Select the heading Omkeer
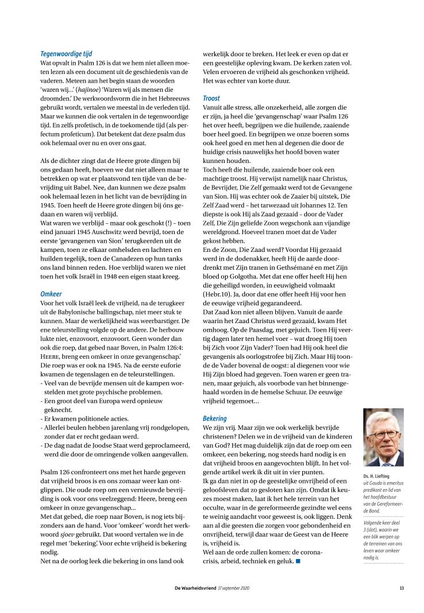(x=51, y=293)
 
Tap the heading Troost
(x=211, y=98)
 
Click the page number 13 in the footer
(x=402, y=587)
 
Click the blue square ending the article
(x=298, y=560)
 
